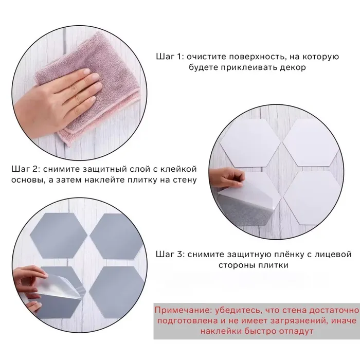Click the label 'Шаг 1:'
tap(170, 57)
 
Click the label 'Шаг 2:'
tap(26, 169)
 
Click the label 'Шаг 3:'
tap(170, 255)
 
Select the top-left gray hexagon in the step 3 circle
tap(59, 236)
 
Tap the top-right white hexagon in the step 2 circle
tap(311, 143)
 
